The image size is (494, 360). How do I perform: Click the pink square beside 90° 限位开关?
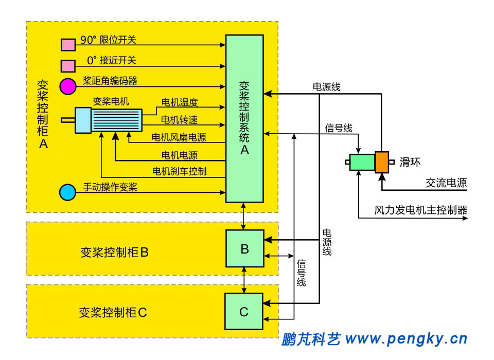coord(68,45)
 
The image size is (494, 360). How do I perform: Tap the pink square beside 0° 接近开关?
coord(68,66)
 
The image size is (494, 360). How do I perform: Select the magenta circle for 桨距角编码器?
coord(67,86)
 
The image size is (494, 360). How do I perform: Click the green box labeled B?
coord(244,248)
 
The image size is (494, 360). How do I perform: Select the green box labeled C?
coord(244,311)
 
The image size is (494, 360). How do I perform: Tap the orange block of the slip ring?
coord(382,162)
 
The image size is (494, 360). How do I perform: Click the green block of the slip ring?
coord(362,163)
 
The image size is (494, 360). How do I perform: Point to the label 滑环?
coord(411,162)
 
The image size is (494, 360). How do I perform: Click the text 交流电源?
coord(446,183)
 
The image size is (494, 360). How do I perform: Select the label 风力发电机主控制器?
coord(421,210)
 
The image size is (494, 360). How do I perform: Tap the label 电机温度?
coord(180,102)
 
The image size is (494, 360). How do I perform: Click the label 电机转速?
coord(180,120)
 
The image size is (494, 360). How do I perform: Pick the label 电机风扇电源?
coord(179,137)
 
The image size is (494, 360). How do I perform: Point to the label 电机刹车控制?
coord(179,171)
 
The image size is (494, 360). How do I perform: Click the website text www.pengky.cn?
coord(406,339)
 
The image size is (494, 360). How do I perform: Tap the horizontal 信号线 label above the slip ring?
coord(339,128)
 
